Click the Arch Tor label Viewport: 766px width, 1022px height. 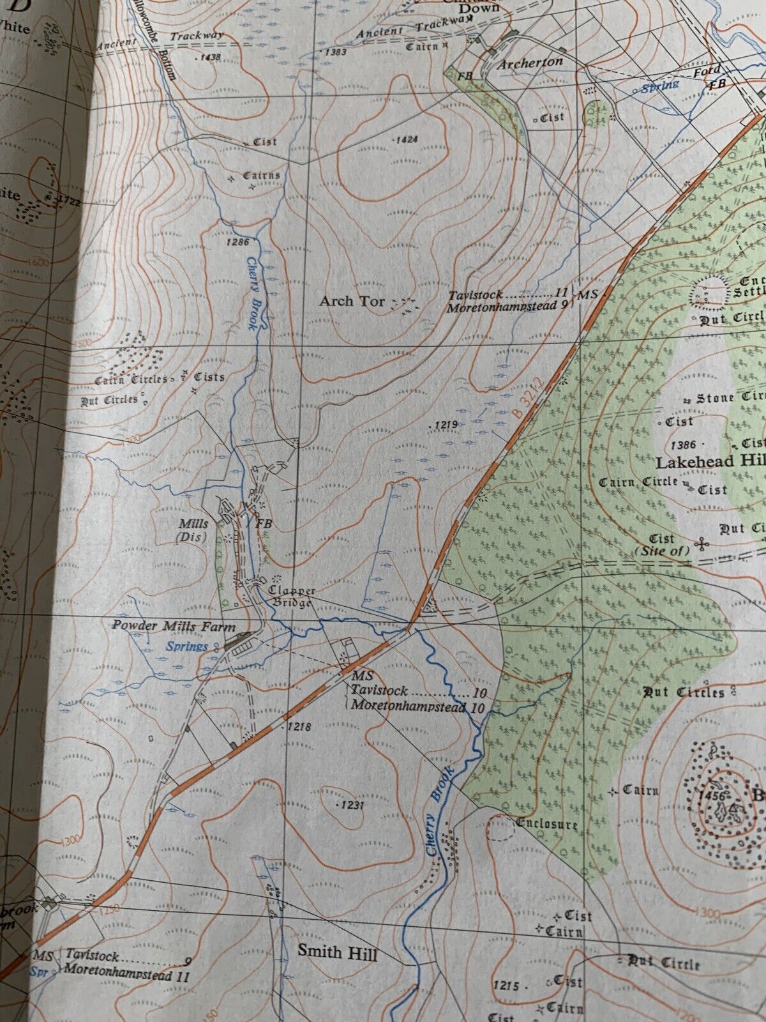point(352,300)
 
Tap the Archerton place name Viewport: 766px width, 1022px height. point(530,63)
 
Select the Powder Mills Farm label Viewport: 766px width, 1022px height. point(174,626)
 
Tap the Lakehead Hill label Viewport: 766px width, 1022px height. point(710,462)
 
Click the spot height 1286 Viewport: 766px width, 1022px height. point(236,242)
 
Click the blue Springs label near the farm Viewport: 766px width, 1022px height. point(187,646)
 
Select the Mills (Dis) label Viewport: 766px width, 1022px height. point(193,530)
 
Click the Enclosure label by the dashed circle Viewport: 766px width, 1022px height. point(548,824)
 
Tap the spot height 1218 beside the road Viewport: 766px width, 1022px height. point(299,727)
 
